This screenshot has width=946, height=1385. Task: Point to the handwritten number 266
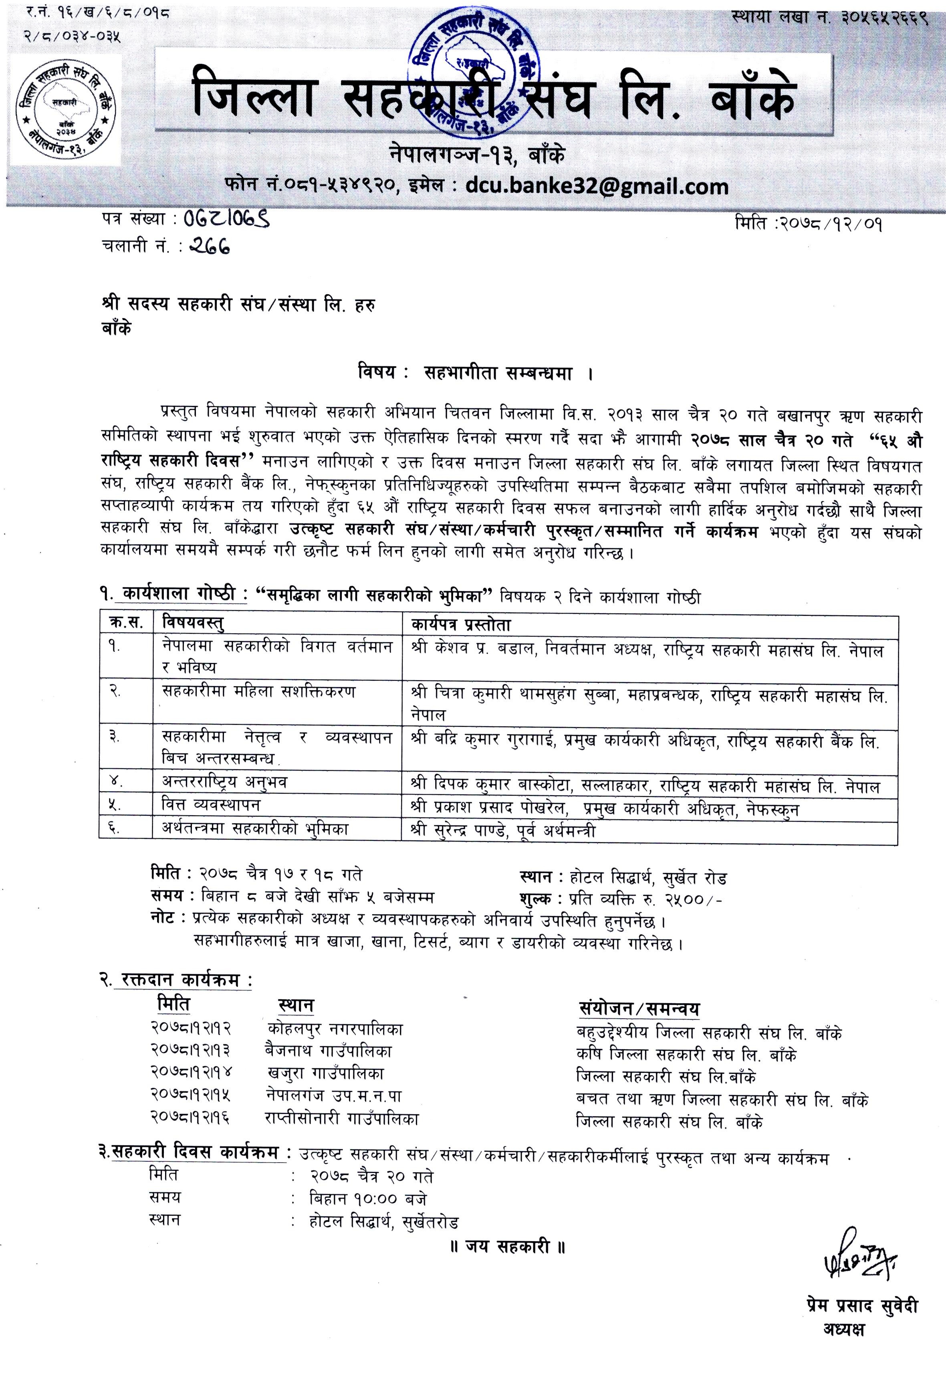tap(208, 246)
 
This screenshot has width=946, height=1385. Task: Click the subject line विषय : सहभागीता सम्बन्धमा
tap(475, 373)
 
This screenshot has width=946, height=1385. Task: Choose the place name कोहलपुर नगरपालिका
tap(335, 1029)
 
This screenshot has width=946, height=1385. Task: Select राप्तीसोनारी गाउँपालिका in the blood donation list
tap(341, 1118)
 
